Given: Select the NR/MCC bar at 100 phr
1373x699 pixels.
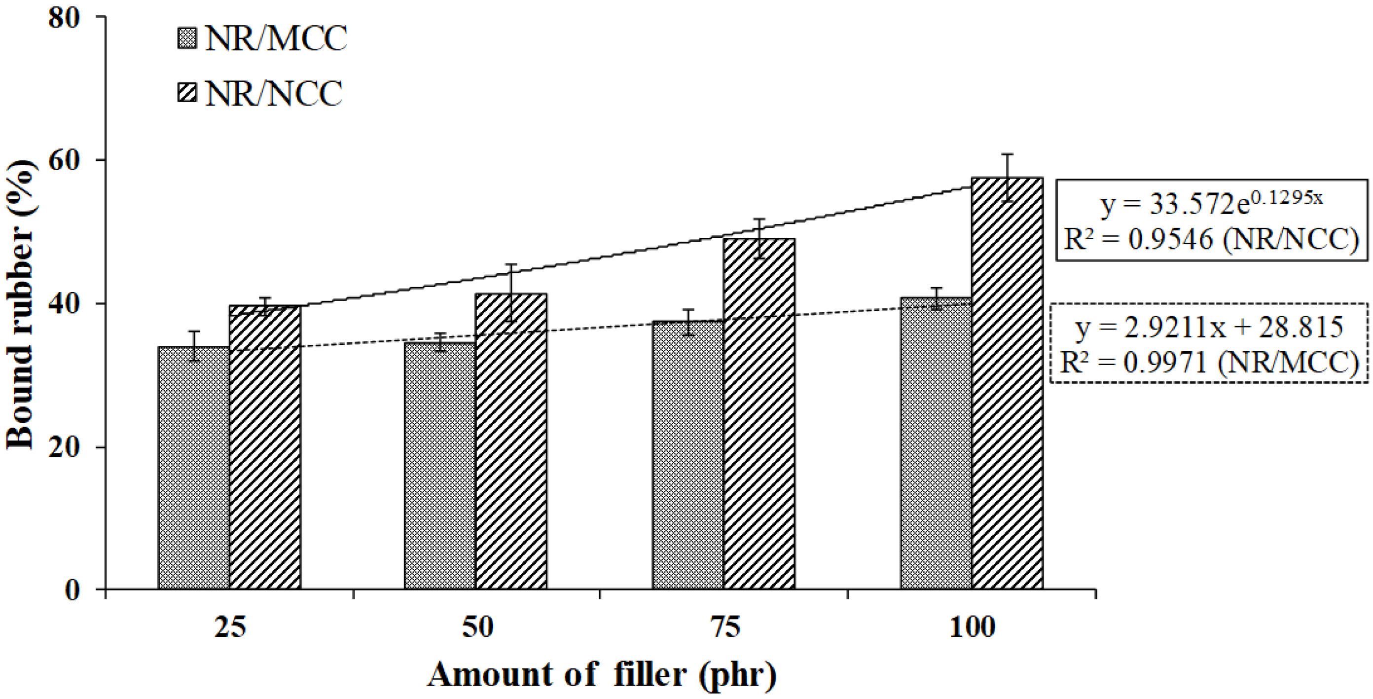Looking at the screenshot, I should click(936, 443).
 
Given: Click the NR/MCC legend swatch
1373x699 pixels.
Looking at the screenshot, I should click(187, 39).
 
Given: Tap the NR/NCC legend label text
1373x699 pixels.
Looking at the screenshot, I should click(273, 94).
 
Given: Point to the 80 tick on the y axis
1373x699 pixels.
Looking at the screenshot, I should click(64, 18).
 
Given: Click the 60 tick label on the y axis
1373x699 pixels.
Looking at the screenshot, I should click(64, 160).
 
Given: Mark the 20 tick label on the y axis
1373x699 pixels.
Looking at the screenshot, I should click(64, 447).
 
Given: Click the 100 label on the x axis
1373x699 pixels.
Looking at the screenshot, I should click(972, 627).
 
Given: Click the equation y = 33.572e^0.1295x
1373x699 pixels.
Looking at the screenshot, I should click(1210, 203).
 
